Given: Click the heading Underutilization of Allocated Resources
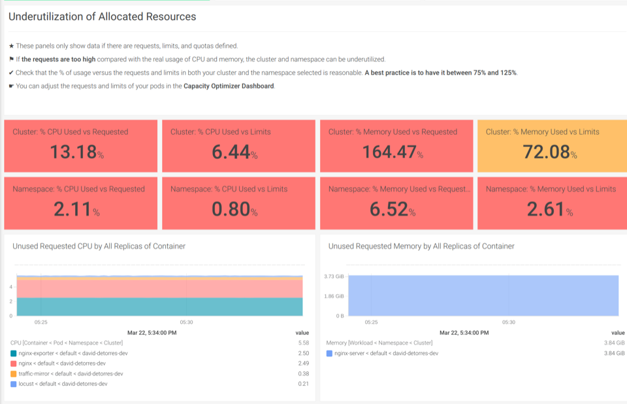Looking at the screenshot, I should [102, 17].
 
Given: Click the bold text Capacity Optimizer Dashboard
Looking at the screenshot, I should [229, 86].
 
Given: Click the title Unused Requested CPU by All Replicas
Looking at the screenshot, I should [99, 246].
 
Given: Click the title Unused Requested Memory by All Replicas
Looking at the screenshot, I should [421, 246].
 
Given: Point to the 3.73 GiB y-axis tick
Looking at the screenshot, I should [334, 277].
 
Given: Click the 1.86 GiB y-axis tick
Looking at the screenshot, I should [334, 296].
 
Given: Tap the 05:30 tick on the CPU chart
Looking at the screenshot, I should [186, 322].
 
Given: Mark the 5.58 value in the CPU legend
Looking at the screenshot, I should [303, 343].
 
